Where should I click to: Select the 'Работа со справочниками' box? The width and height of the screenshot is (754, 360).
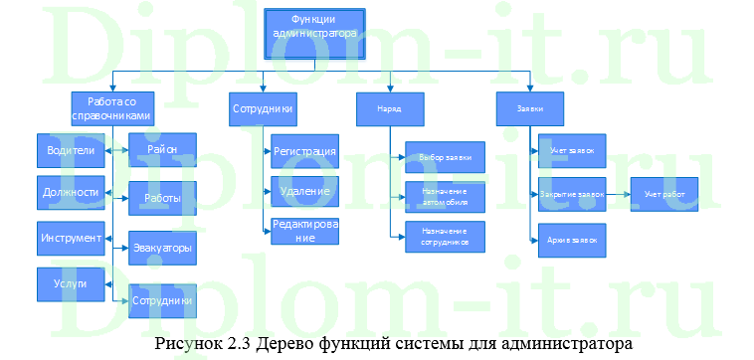(x=111, y=108)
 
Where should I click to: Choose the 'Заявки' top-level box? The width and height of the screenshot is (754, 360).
(x=530, y=108)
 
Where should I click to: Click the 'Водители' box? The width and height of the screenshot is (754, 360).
(x=70, y=151)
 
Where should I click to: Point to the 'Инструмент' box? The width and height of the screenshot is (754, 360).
(x=70, y=239)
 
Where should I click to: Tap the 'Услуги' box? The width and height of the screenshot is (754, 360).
(x=70, y=284)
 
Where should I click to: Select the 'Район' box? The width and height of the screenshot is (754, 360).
(x=162, y=150)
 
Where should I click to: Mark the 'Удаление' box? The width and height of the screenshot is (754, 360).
(x=304, y=190)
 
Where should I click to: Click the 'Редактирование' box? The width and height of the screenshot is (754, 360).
(x=304, y=231)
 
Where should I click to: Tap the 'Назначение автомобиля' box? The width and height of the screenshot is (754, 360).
(x=445, y=198)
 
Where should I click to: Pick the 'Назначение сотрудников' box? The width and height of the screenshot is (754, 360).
(x=445, y=237)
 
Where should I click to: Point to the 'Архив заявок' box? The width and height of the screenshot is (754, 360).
(x=571, y=241)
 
